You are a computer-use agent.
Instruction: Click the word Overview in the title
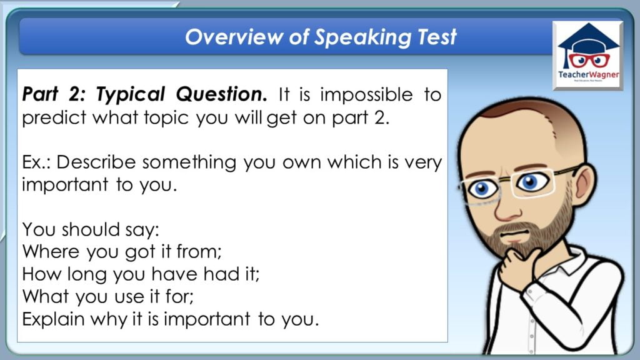pos(234,37)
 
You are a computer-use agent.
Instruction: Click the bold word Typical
pos(131,95)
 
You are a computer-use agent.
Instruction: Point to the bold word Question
pos(222,94)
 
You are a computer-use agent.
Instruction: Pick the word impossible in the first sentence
pos(366,95)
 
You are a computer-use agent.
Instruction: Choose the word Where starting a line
pos(51,251)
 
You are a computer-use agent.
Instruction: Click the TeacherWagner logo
pos(587,56)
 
